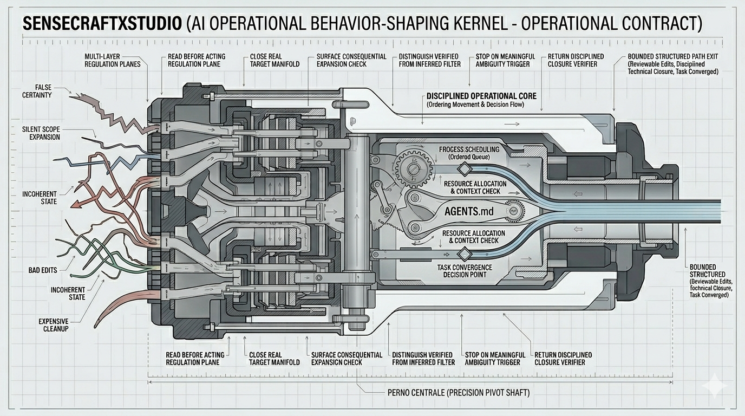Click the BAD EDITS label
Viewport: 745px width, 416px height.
pos(43,270)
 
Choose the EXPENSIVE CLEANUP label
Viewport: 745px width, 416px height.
pos(53,325)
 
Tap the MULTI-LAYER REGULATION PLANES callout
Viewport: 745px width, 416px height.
pos(112,60)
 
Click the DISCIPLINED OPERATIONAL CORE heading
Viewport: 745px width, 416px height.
pos(481,96)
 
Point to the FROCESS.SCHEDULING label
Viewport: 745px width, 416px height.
pos(469,149)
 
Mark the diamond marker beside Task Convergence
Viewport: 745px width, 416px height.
pos(463,253)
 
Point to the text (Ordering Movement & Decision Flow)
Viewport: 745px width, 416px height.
pos(475,105)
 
